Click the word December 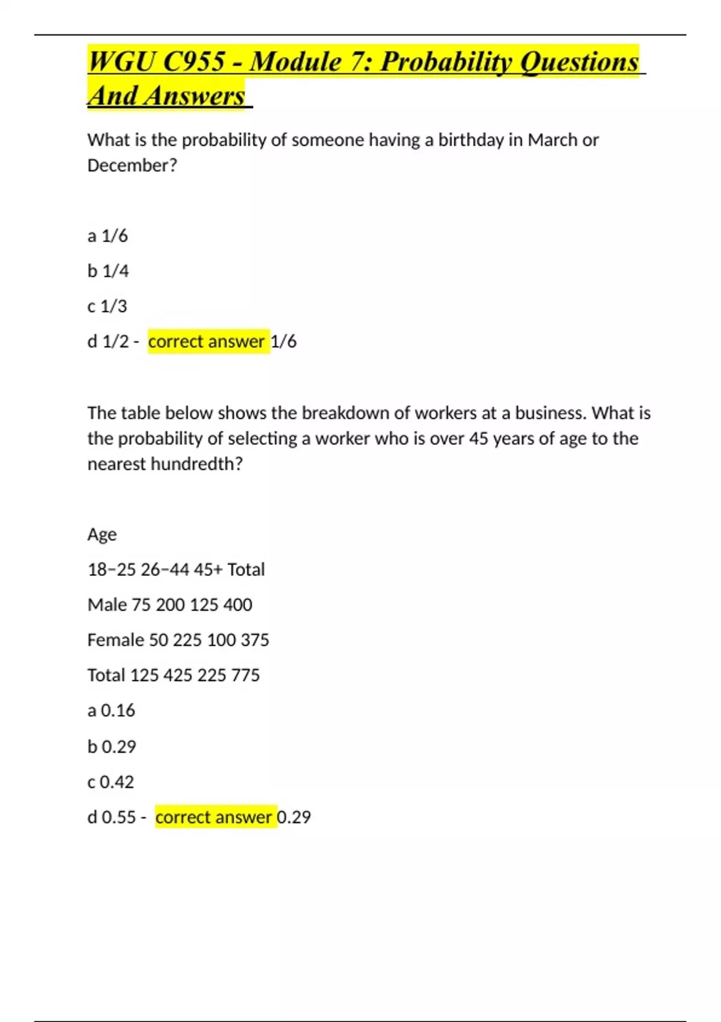pyautogui.click(x=132, y=165)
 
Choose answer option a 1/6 pyautogui.click(x=108, y=236)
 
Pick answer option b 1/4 pyautogui.click(x=108, y=271)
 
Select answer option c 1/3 pyautogui.click(x=108, y=307)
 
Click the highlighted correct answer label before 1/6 pyautogui.click(x=207, y=341)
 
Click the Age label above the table pyautogui.click(x=102, y=534)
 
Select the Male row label pyautogui.click(x=107, y=605)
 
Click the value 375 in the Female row pyautogui.click(x=255, y=640)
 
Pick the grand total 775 pyautogui.click(x=245, y=675)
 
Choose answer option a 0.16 pyautogui.click(x=111, y=711)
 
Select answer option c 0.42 pyautogui.click(x=111, y=782)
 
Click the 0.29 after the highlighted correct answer pyautogui.click(x=294, y=818)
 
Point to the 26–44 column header pyautogui.click(x=165, y=569)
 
